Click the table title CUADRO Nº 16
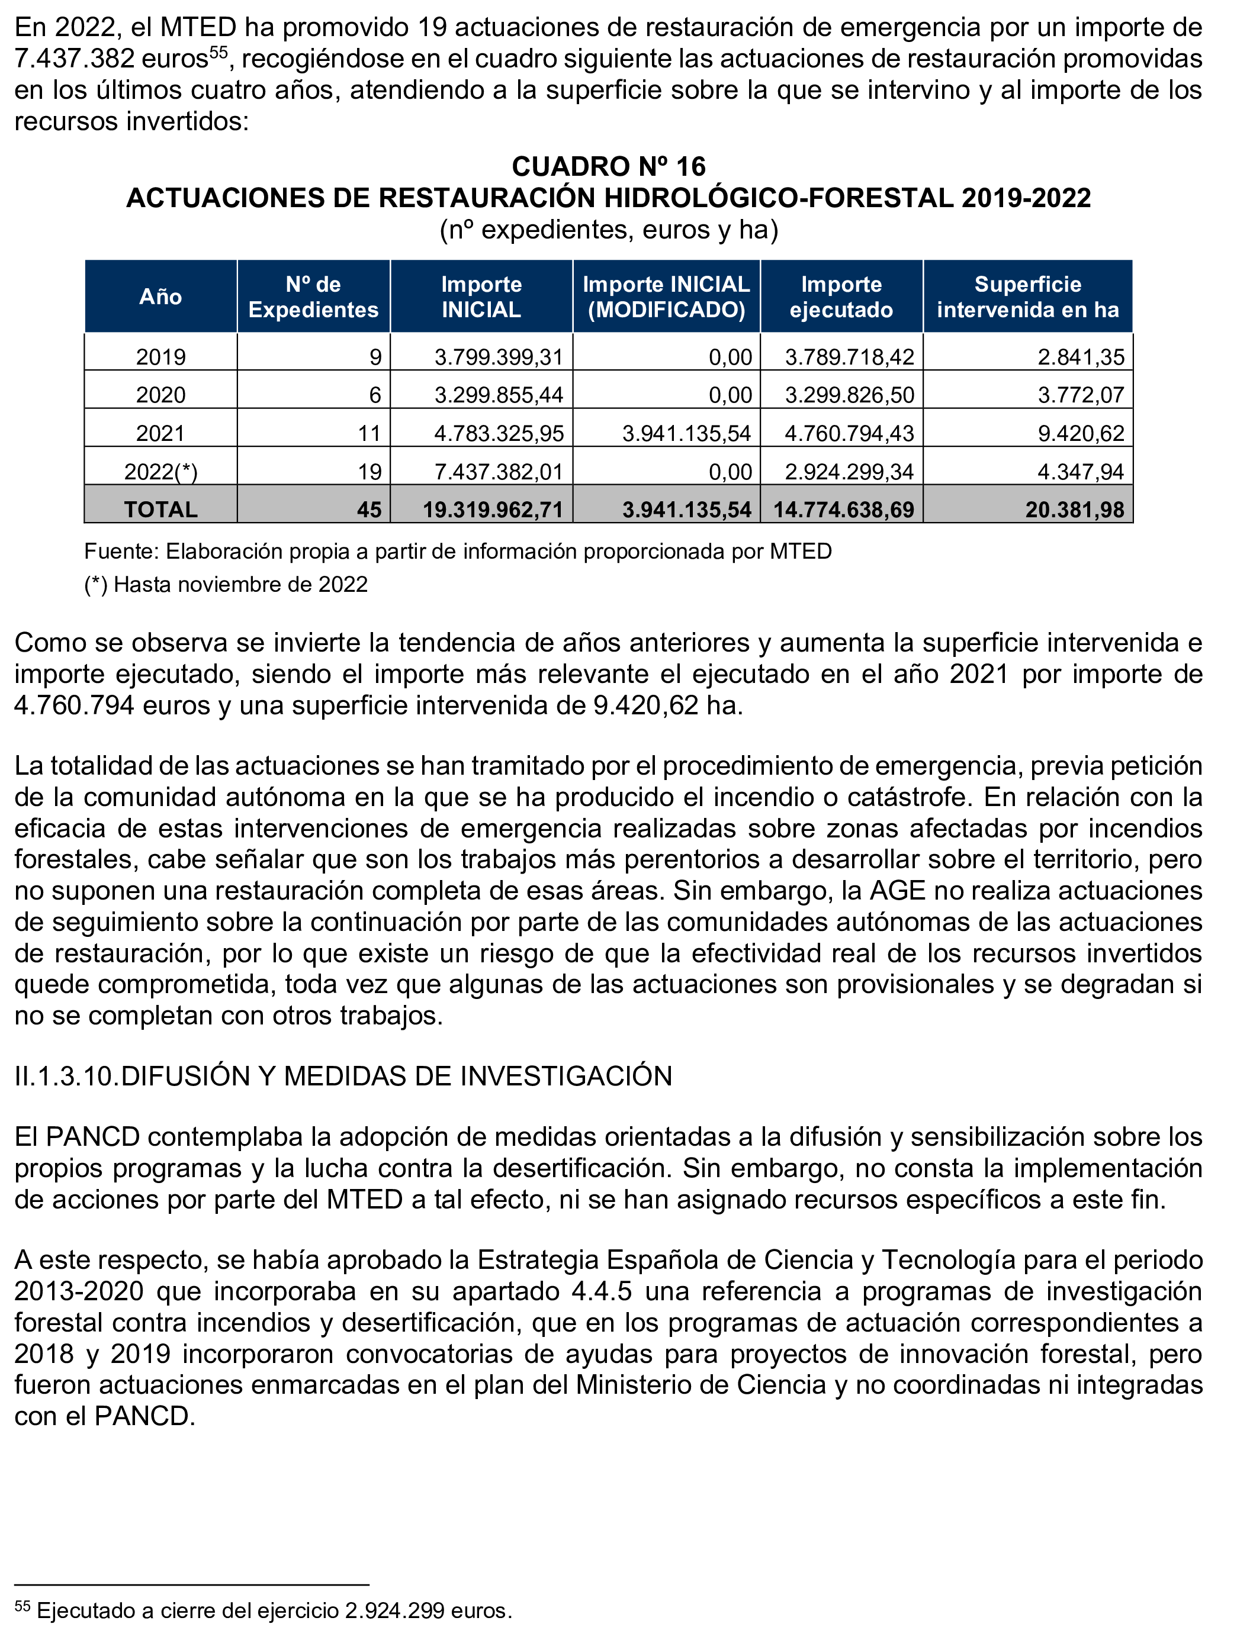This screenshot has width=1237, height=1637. (609, 166)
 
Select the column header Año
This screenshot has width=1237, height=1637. (160, 297)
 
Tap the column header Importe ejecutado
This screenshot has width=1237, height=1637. (841, 297)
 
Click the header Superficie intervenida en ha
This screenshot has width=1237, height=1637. (1027, 297)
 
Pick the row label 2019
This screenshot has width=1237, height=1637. (160, 357)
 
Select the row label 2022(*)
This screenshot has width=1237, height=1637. (160, 472)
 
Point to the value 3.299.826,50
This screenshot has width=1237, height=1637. (849, 395)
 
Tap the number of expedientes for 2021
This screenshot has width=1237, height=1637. (370, 434)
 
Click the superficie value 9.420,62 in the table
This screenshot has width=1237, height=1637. (1080, 434)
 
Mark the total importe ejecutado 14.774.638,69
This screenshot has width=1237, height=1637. (843, 510)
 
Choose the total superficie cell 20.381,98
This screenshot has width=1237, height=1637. (1074, 510)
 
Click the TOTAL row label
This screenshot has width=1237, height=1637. (160, 510)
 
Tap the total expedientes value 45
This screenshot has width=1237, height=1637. (370, 510)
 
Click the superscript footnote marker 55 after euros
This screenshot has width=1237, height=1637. (219, 52)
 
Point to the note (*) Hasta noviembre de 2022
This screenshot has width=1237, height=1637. (226, 585)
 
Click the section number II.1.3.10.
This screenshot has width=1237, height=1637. (67, 1076)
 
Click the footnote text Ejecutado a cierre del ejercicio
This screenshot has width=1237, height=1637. (189, 1610)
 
